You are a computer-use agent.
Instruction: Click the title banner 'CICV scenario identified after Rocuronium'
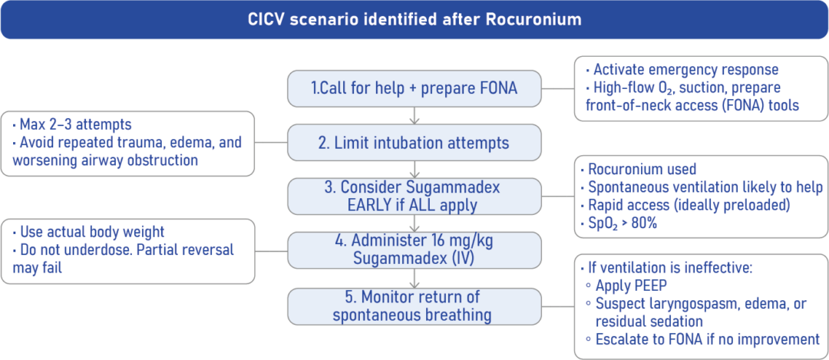[x=414, y=19]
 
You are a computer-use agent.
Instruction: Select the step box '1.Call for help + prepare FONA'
[x=414, y=88]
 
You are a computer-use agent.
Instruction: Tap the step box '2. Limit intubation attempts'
[x=414, y=142]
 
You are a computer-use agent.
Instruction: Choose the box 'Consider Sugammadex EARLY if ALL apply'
[x=414, y=196]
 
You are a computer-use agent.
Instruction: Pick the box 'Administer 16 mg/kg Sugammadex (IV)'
[x=414, y=249]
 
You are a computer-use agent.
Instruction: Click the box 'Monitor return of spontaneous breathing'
[x=414, y=305]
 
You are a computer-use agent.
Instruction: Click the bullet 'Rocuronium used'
[x=642, y=170]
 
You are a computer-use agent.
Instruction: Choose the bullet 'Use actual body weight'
[x=88, y=233]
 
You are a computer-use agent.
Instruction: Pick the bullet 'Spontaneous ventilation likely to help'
[x=705, y=187]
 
